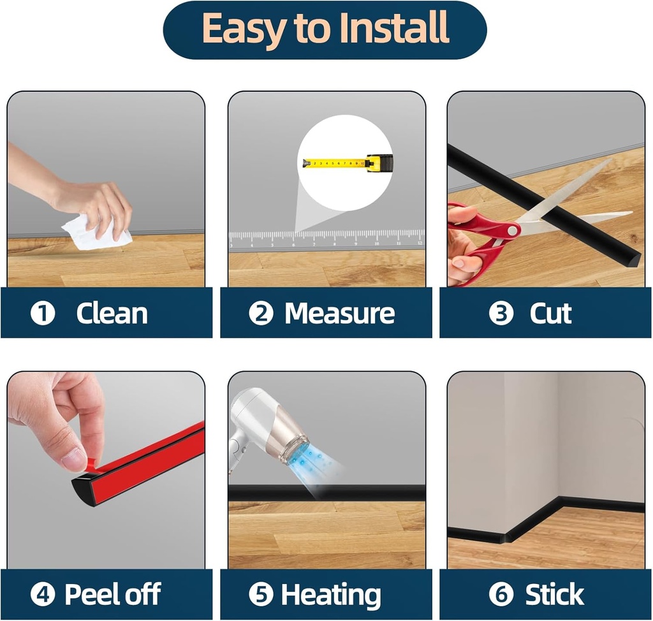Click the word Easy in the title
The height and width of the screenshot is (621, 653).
coord(244,29)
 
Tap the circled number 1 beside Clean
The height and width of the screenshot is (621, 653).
coord(43,314)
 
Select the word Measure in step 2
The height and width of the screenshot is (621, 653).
coord(339,313)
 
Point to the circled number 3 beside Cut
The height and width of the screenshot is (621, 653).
coord(501,314)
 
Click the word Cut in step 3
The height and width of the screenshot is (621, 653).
coord(550,313)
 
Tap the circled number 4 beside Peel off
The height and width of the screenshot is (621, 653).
coord(43,594)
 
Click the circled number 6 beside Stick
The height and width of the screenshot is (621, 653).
coord(501,594)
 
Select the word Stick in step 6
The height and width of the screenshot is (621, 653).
coord(554,594)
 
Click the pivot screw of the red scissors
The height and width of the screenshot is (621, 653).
coord(513,230)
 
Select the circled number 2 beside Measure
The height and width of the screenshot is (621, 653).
coord(261,314)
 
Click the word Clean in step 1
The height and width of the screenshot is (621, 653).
coord(112,313)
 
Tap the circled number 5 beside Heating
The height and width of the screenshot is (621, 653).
coord(261,594)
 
